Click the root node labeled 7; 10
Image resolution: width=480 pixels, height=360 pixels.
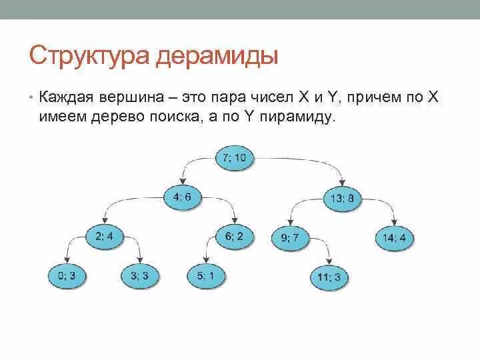235,157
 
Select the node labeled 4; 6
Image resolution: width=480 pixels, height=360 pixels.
182,197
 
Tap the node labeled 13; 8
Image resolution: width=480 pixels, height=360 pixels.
342,197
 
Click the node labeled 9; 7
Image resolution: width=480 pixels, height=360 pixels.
290,237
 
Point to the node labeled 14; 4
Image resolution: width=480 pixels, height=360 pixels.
394,237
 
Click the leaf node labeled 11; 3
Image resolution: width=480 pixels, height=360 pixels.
329,276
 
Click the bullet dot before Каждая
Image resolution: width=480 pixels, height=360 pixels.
31,99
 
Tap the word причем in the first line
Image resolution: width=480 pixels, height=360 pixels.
377,98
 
